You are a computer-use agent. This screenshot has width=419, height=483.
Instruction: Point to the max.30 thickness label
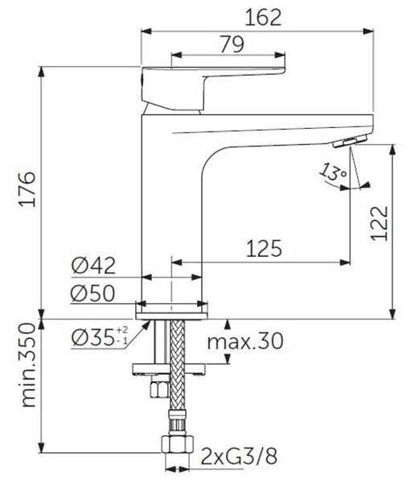click(246, 342)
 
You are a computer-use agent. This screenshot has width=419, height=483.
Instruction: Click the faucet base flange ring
click(171, 309)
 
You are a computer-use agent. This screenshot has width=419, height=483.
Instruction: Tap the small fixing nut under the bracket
click(160, 389)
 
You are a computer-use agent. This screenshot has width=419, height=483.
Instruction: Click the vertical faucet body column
click(173, 209)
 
